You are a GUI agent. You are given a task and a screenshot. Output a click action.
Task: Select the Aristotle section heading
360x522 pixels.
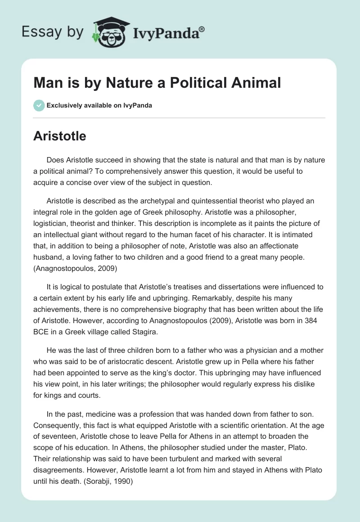tap(59, 136)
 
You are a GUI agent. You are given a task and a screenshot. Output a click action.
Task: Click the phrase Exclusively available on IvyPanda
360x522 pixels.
tap(99, 106)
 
